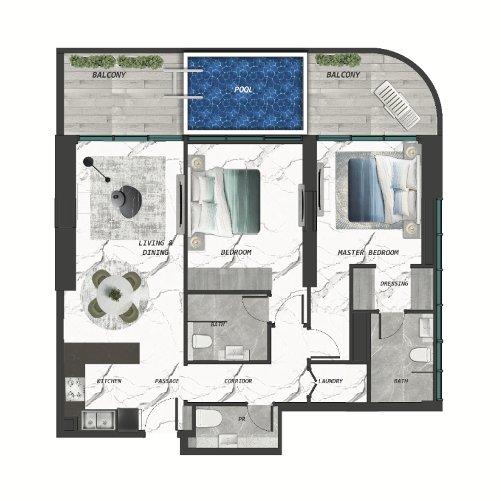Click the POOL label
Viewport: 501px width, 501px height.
coord(244,90)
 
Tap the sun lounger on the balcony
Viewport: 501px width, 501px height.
coord(396,102)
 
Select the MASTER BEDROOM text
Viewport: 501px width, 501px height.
coord(368,252)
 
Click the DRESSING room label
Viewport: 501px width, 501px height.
coord(394,284)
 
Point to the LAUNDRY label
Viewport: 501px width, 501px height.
coord(331,381)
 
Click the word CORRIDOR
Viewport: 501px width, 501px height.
coord(238,381)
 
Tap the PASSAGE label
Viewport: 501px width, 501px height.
coord(167,381)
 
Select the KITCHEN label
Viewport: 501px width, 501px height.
coord(109,381)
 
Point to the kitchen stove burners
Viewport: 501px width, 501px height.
coord(75,389)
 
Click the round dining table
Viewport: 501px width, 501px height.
coord(115,294)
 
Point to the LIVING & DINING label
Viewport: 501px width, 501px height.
coord(153,247)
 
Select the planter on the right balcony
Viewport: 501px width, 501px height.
coord(338,60)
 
